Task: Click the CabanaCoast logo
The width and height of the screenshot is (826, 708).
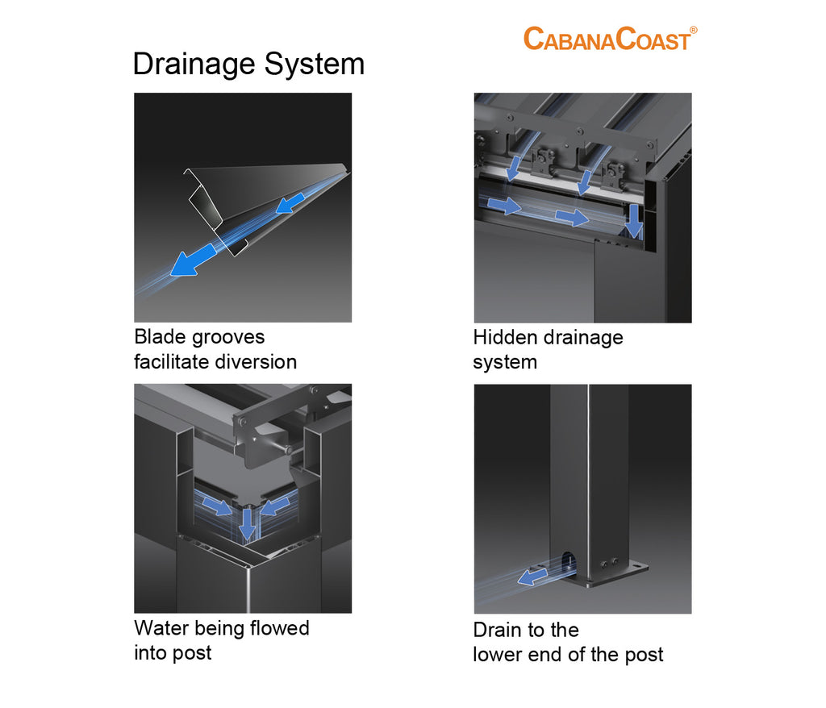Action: click(610, 38)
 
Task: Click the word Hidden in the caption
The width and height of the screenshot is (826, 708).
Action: click(506, 336)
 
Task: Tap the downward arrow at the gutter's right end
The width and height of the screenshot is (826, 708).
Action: click(635, 220)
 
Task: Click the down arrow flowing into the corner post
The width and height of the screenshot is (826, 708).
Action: click(248, 523)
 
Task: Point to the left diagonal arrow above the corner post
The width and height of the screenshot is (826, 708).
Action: click(216, 506)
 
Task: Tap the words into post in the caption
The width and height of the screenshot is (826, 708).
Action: click(173, 652)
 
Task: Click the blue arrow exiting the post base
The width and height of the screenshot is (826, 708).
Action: click(532, 576)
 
